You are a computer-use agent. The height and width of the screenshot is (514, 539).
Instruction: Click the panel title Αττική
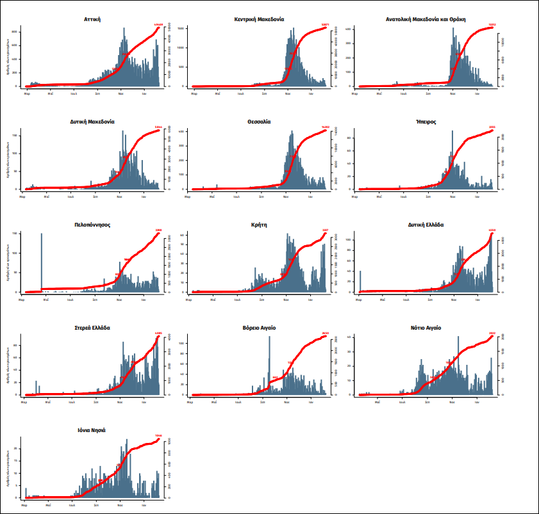tap(92, 19)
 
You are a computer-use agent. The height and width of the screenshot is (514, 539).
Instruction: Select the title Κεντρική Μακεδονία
tap(259, 19)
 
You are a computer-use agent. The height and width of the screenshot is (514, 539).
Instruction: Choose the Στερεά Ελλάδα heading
tap(92, 327)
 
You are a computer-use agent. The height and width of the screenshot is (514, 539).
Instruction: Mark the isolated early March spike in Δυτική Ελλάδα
tap(360, 282)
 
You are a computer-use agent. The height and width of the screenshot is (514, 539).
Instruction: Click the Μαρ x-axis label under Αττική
tap(27, 93)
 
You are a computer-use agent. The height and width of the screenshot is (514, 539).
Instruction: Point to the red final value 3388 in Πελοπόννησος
tap(158, 230)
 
